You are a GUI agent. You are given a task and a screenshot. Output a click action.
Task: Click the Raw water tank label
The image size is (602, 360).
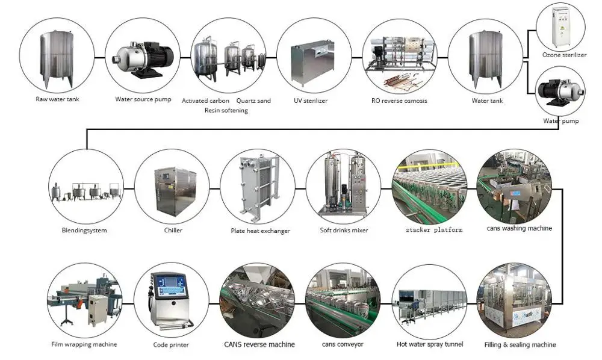(57, 99)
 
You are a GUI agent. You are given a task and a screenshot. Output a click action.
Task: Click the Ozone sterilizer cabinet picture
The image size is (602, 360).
(560, 26)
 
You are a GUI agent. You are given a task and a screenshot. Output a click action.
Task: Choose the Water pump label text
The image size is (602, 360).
(560, 121)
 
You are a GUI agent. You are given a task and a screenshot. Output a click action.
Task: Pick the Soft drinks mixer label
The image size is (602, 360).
(344, 230)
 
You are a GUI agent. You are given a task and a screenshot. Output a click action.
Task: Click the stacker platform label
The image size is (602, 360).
(433, 230)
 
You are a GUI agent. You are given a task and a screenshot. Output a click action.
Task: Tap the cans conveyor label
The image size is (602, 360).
(343, 344)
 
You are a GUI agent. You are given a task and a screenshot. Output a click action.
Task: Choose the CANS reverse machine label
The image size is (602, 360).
(259, 344)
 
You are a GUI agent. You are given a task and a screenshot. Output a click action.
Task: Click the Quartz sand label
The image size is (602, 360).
(253, 101)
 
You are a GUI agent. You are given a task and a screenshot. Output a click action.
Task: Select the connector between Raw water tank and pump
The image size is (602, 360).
(99, 57)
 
